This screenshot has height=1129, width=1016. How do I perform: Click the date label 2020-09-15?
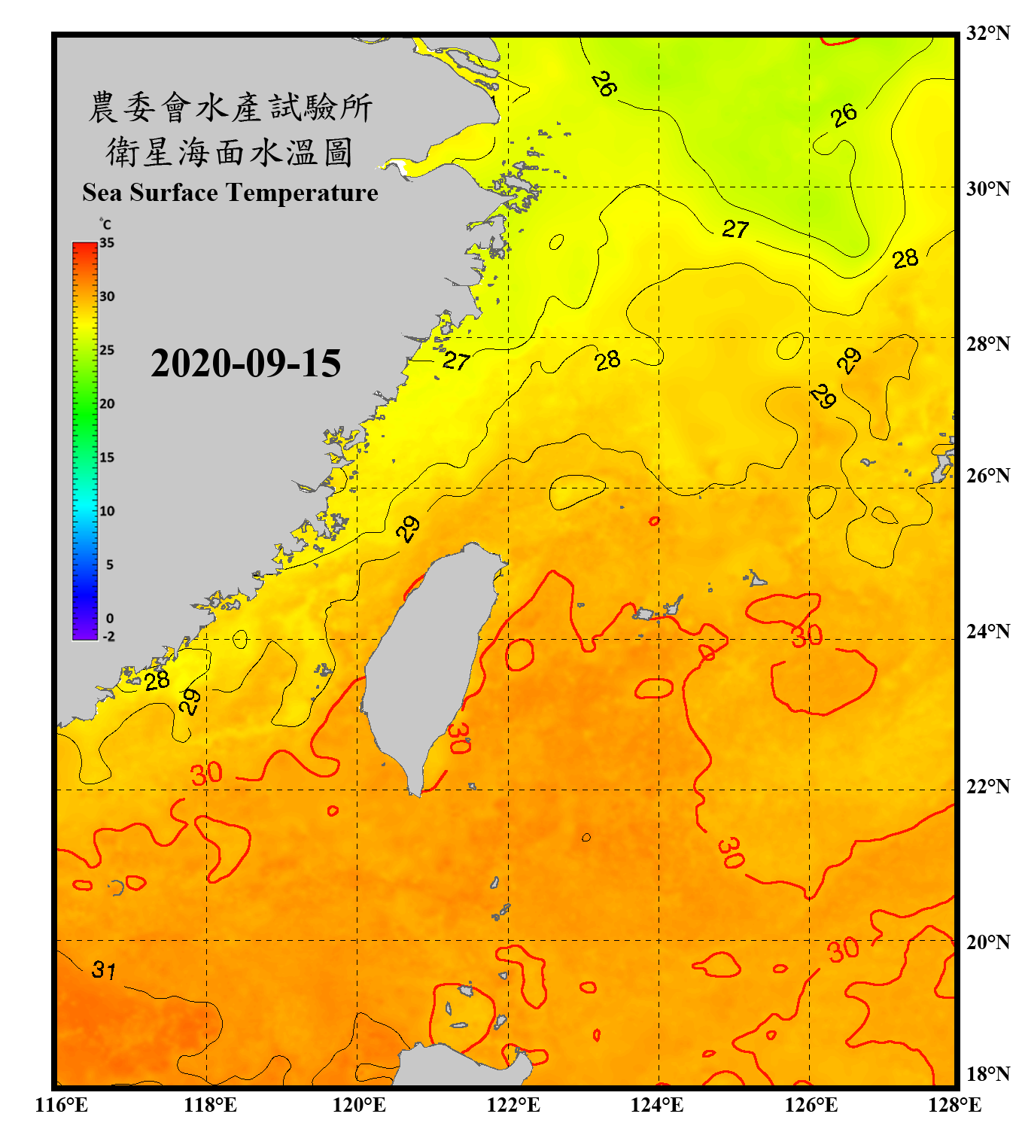click(x=245, y=364)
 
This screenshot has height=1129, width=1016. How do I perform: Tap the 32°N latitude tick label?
click(x=987, y=33)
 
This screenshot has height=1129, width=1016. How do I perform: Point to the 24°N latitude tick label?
click(x=987, y=631)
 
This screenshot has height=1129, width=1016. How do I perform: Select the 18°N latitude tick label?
click(x=987, y=1073)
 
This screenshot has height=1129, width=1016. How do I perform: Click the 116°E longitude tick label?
click(x=62, y=1105)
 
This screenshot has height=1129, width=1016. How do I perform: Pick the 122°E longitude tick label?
click(x=513, y=1105)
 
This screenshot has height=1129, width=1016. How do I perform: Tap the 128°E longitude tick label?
click(x=954, y=1105)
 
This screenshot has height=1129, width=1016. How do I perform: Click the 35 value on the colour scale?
click(x=107, y=243)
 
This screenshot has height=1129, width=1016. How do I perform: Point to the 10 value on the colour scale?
click(x=107, y=511)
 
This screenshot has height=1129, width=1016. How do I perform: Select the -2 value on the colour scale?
click(x=108, y=637)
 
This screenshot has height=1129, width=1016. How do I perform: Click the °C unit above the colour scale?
click(x=105, y=224)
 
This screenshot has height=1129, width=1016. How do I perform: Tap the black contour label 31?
click(x=104, y=969)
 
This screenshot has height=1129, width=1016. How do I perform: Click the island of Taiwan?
click(x=429, y=662)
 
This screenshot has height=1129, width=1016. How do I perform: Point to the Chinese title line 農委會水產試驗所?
click(x=230, y=108)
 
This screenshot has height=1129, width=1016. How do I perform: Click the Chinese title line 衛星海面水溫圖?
click(x=230, y=153)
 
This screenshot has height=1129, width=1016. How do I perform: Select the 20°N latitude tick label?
click(x=987, y=942)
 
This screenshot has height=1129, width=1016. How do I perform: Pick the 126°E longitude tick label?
click(x=811, y=1105)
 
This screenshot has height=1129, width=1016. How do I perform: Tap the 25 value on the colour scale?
click(x=107, y=350)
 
